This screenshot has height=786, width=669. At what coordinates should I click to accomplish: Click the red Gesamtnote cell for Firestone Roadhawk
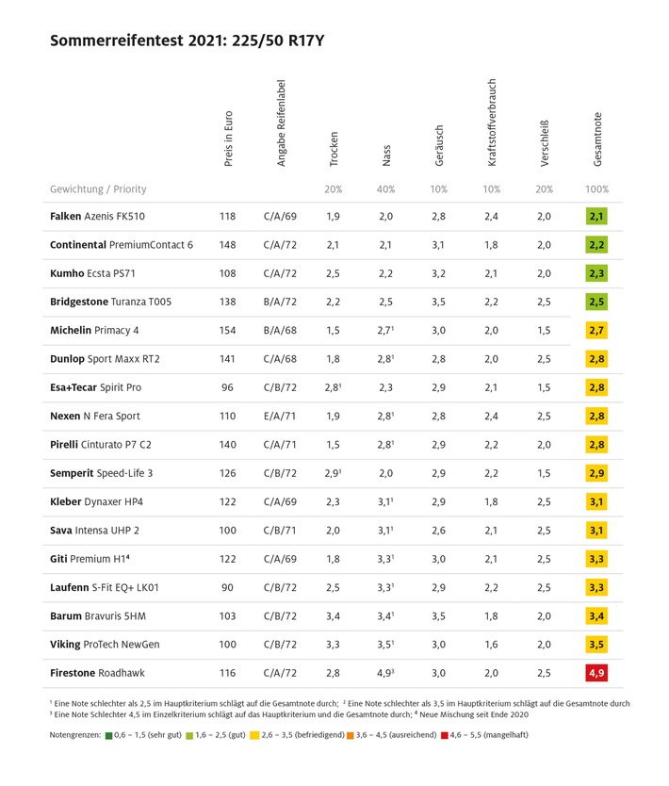(596, 673)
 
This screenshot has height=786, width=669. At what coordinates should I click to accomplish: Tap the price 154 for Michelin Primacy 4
(227, 331)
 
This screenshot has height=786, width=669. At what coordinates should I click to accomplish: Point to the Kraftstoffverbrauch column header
(492, 123)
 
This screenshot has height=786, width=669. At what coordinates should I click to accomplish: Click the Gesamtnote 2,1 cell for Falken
(596, 217)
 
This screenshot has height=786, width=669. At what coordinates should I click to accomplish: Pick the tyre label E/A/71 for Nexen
(280, 417)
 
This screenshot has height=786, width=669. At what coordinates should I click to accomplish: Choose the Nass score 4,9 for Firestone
(386, 673)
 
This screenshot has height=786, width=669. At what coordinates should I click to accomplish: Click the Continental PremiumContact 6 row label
(122, 245)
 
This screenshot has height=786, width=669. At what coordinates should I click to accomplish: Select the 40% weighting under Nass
(385, 189)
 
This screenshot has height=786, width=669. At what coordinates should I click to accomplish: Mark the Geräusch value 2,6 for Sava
(439, 531)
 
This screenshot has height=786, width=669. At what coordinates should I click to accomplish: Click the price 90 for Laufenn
(227, 587)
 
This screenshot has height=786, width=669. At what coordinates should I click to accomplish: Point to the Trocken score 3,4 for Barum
(333, 616)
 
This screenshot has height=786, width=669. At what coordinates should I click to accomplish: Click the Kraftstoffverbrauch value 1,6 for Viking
(492, 645)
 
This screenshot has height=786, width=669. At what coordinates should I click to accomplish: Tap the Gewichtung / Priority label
(98, 189)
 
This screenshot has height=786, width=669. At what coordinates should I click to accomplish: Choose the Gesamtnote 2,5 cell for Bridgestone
(596, 303)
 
